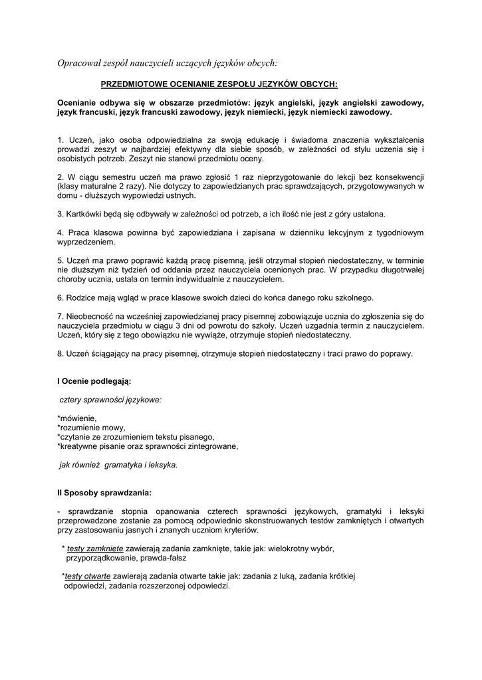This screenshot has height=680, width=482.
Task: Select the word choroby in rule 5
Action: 72,280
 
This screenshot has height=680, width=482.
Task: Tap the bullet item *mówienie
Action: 77,418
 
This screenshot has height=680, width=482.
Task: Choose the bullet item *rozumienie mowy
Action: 91,428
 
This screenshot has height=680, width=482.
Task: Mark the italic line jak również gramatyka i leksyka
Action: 118,465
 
